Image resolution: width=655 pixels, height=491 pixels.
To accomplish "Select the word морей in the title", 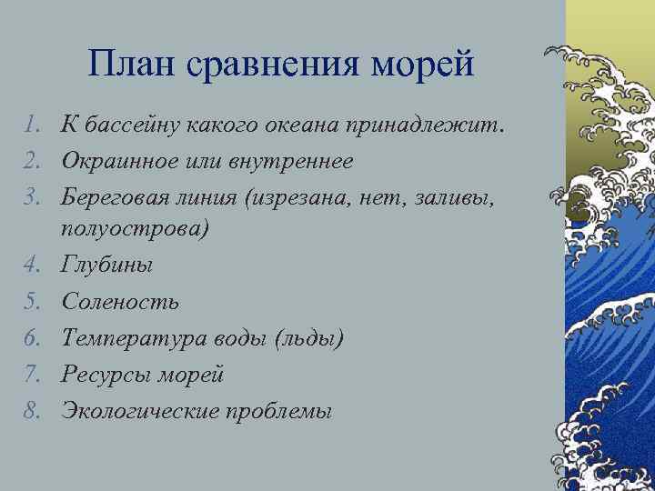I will coord(422,65).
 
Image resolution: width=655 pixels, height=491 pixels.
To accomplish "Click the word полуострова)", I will coord(135,228).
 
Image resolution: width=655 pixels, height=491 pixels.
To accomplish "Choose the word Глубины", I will coord(106,265).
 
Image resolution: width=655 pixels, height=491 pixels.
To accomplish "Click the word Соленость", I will coord(119,301).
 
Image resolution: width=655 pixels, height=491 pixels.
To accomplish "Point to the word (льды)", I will coord(309,337).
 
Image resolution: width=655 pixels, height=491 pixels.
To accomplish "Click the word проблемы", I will coord(284,410).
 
